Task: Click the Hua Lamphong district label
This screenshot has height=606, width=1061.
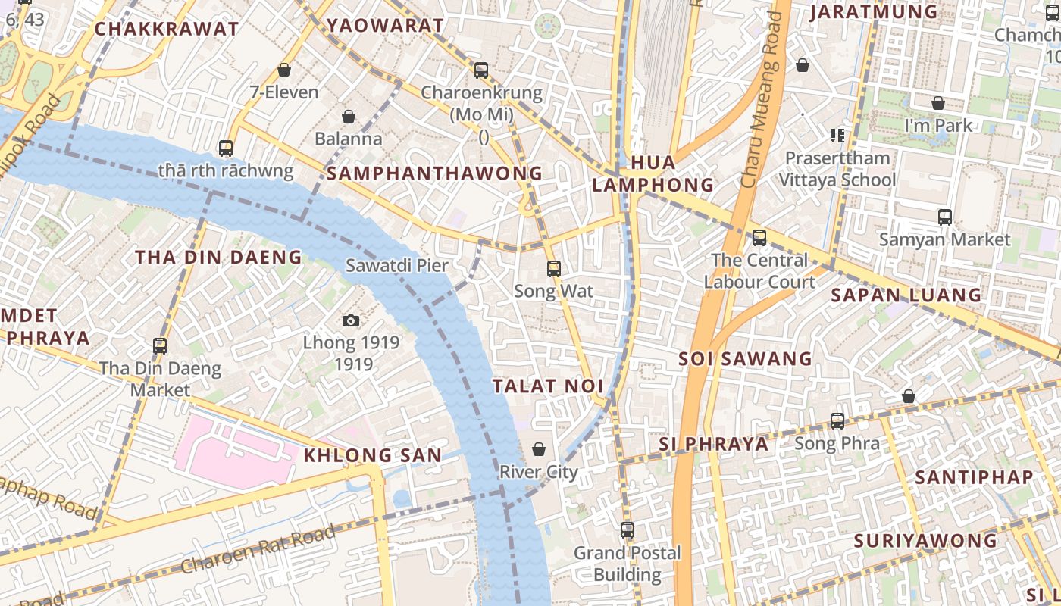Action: (653, 173)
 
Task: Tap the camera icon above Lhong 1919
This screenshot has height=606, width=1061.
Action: (350, 320)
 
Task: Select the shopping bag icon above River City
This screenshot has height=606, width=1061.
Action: (539, 449)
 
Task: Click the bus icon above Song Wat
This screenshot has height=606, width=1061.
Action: (554, 268)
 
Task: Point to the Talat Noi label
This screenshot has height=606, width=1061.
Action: (548, 386)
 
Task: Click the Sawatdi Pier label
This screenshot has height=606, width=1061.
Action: (396, 266)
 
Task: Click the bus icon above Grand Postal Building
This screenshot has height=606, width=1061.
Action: (628, 530)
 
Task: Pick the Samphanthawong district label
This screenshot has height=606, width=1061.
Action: (434, 173)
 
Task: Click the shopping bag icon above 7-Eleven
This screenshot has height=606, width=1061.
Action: (284, 70)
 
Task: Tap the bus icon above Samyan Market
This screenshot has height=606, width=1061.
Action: (945, 217)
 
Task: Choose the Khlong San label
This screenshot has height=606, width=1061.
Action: (372, 455)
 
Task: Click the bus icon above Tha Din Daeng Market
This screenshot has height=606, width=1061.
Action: (160, 346)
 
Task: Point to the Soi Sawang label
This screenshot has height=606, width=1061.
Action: (745, 358)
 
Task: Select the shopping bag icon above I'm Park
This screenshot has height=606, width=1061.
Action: (938, 103)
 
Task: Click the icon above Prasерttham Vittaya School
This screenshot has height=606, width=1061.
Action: (837, 136)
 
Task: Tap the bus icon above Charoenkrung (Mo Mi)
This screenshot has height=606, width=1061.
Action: (481, 70)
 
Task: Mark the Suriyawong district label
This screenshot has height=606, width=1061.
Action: (925, 541)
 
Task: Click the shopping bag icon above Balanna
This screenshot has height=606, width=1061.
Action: (349, 117)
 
